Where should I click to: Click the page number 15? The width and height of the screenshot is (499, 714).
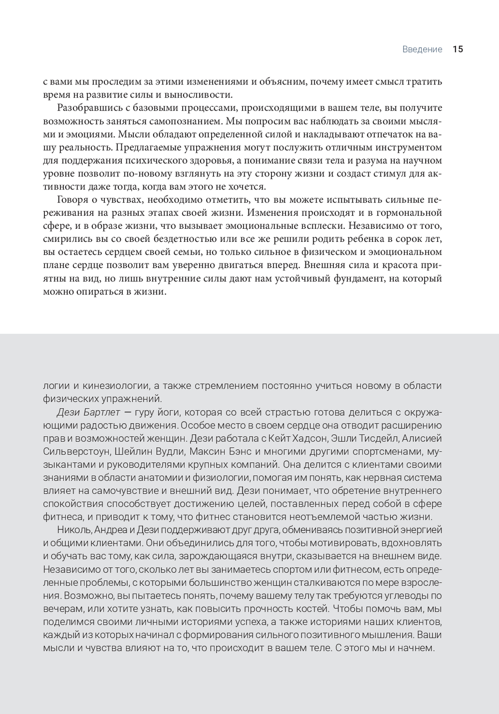[x=458, y=49]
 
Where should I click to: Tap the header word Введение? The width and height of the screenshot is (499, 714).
[x=422, y=49]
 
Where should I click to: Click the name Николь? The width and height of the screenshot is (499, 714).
[x=72, y=530]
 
